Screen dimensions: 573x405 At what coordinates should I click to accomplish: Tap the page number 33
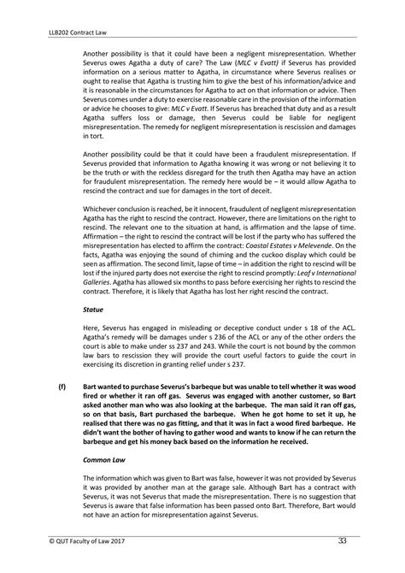pos(343,540)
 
